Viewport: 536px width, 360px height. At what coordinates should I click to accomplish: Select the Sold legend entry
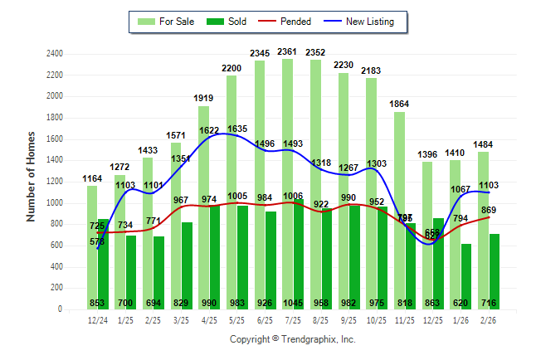click(228, 21)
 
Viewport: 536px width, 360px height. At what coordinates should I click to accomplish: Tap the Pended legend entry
click(290, 21)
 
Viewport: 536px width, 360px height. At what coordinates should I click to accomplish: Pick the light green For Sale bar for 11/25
click(399, 207)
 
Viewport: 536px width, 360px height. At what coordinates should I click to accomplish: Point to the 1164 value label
click(92, 178)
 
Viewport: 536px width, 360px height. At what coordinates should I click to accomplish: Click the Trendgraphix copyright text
click(292, 339)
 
